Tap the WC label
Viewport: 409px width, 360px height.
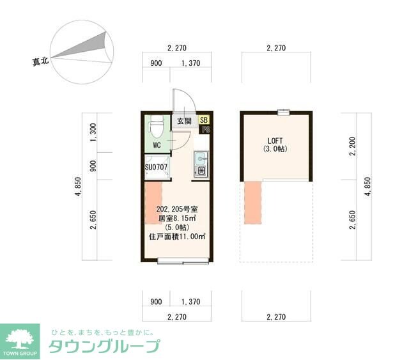pos(157,145)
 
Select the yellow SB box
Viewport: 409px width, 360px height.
pos(203,120)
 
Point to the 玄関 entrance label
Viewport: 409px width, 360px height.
pos(184,120)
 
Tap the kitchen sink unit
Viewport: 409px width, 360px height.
pos(200,164)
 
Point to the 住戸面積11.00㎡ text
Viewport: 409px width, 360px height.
pos(178,237)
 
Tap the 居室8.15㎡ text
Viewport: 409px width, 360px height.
pos(178,218)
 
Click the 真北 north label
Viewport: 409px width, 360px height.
pos(41,62)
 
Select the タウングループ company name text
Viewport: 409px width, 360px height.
pos(104,347)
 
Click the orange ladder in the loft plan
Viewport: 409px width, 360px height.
pos(253,203)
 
